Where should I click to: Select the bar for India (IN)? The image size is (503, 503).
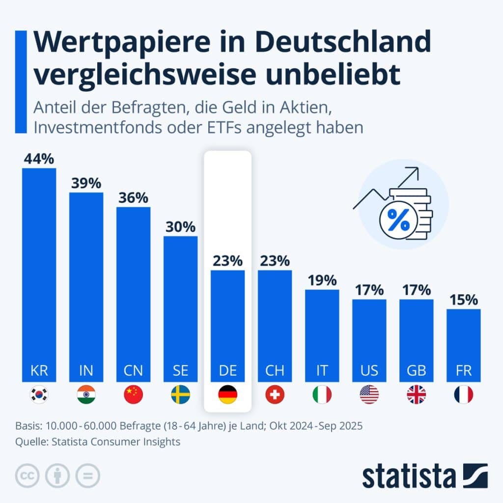(x=86, y=287)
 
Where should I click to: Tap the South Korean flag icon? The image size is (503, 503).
(x=39, y=394)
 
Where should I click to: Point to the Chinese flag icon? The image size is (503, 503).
(x=133, y=394)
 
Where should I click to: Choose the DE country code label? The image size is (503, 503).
(x=227, y=370)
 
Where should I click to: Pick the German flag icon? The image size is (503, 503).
(x=227, y=394)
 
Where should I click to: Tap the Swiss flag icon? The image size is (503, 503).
(x=275, y=394)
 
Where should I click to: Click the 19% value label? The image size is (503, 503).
(x=322, y=280)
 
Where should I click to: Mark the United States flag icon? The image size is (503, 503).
(x=369, y=394)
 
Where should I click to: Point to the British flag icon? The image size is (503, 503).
(x=416, y=394)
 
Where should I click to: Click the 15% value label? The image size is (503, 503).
(x=463, y=300)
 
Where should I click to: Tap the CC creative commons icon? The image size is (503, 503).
(x=27, y=475)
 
